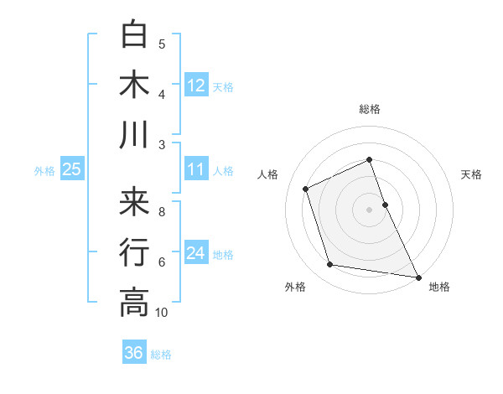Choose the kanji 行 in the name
135,251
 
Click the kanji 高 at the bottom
135,302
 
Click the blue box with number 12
196,85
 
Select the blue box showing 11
196,169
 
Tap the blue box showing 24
196,253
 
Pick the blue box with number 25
71,169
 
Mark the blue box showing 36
134,353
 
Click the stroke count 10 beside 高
162,313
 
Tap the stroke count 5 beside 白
162,44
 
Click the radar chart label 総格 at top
370,109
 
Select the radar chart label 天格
472,174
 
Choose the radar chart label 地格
439,288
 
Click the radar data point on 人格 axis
306,189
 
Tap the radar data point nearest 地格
417,276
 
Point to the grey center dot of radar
370,209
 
